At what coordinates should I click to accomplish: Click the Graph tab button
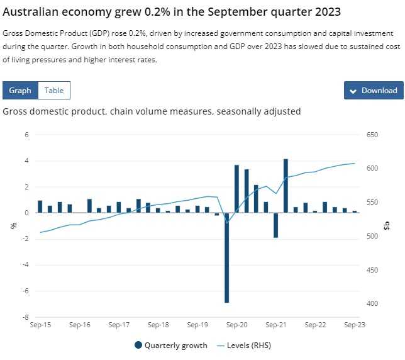pos(20,91)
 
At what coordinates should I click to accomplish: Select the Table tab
pos(54,91)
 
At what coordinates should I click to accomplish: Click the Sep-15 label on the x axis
pos(40,325)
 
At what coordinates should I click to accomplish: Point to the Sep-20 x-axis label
pos(236,325)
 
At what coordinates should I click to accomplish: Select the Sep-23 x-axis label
pos(355,325)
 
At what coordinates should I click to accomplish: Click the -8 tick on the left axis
pos(27,317)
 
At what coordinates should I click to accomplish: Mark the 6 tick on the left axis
pos(27,135)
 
